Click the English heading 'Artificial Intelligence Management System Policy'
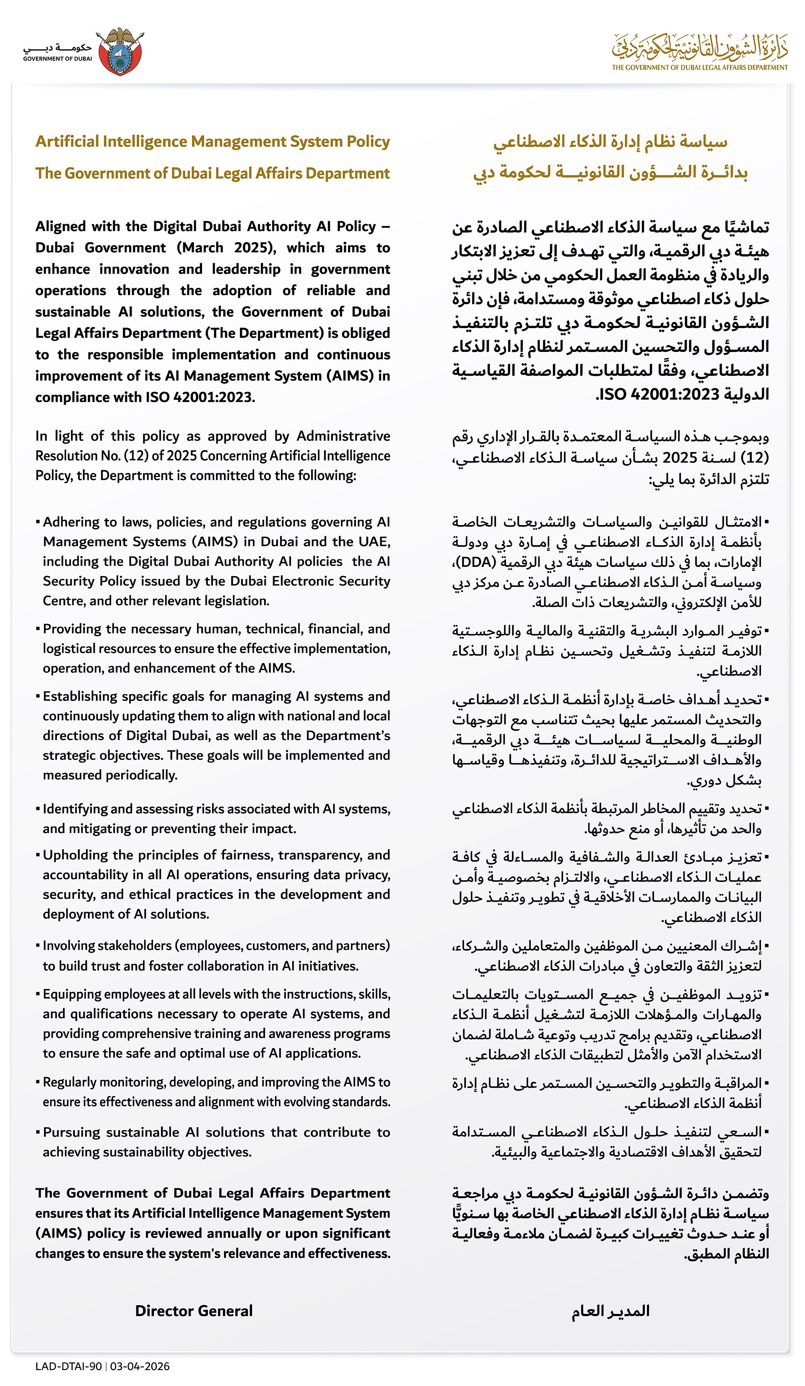pos(213,142)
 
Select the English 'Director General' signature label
pos(194,1311)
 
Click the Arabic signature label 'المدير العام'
pos(610,1311)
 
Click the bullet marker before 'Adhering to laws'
pos(38,521)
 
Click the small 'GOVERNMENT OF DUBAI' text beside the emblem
pos(57,59)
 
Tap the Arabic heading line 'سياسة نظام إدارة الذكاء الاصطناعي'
pos(610,142)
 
